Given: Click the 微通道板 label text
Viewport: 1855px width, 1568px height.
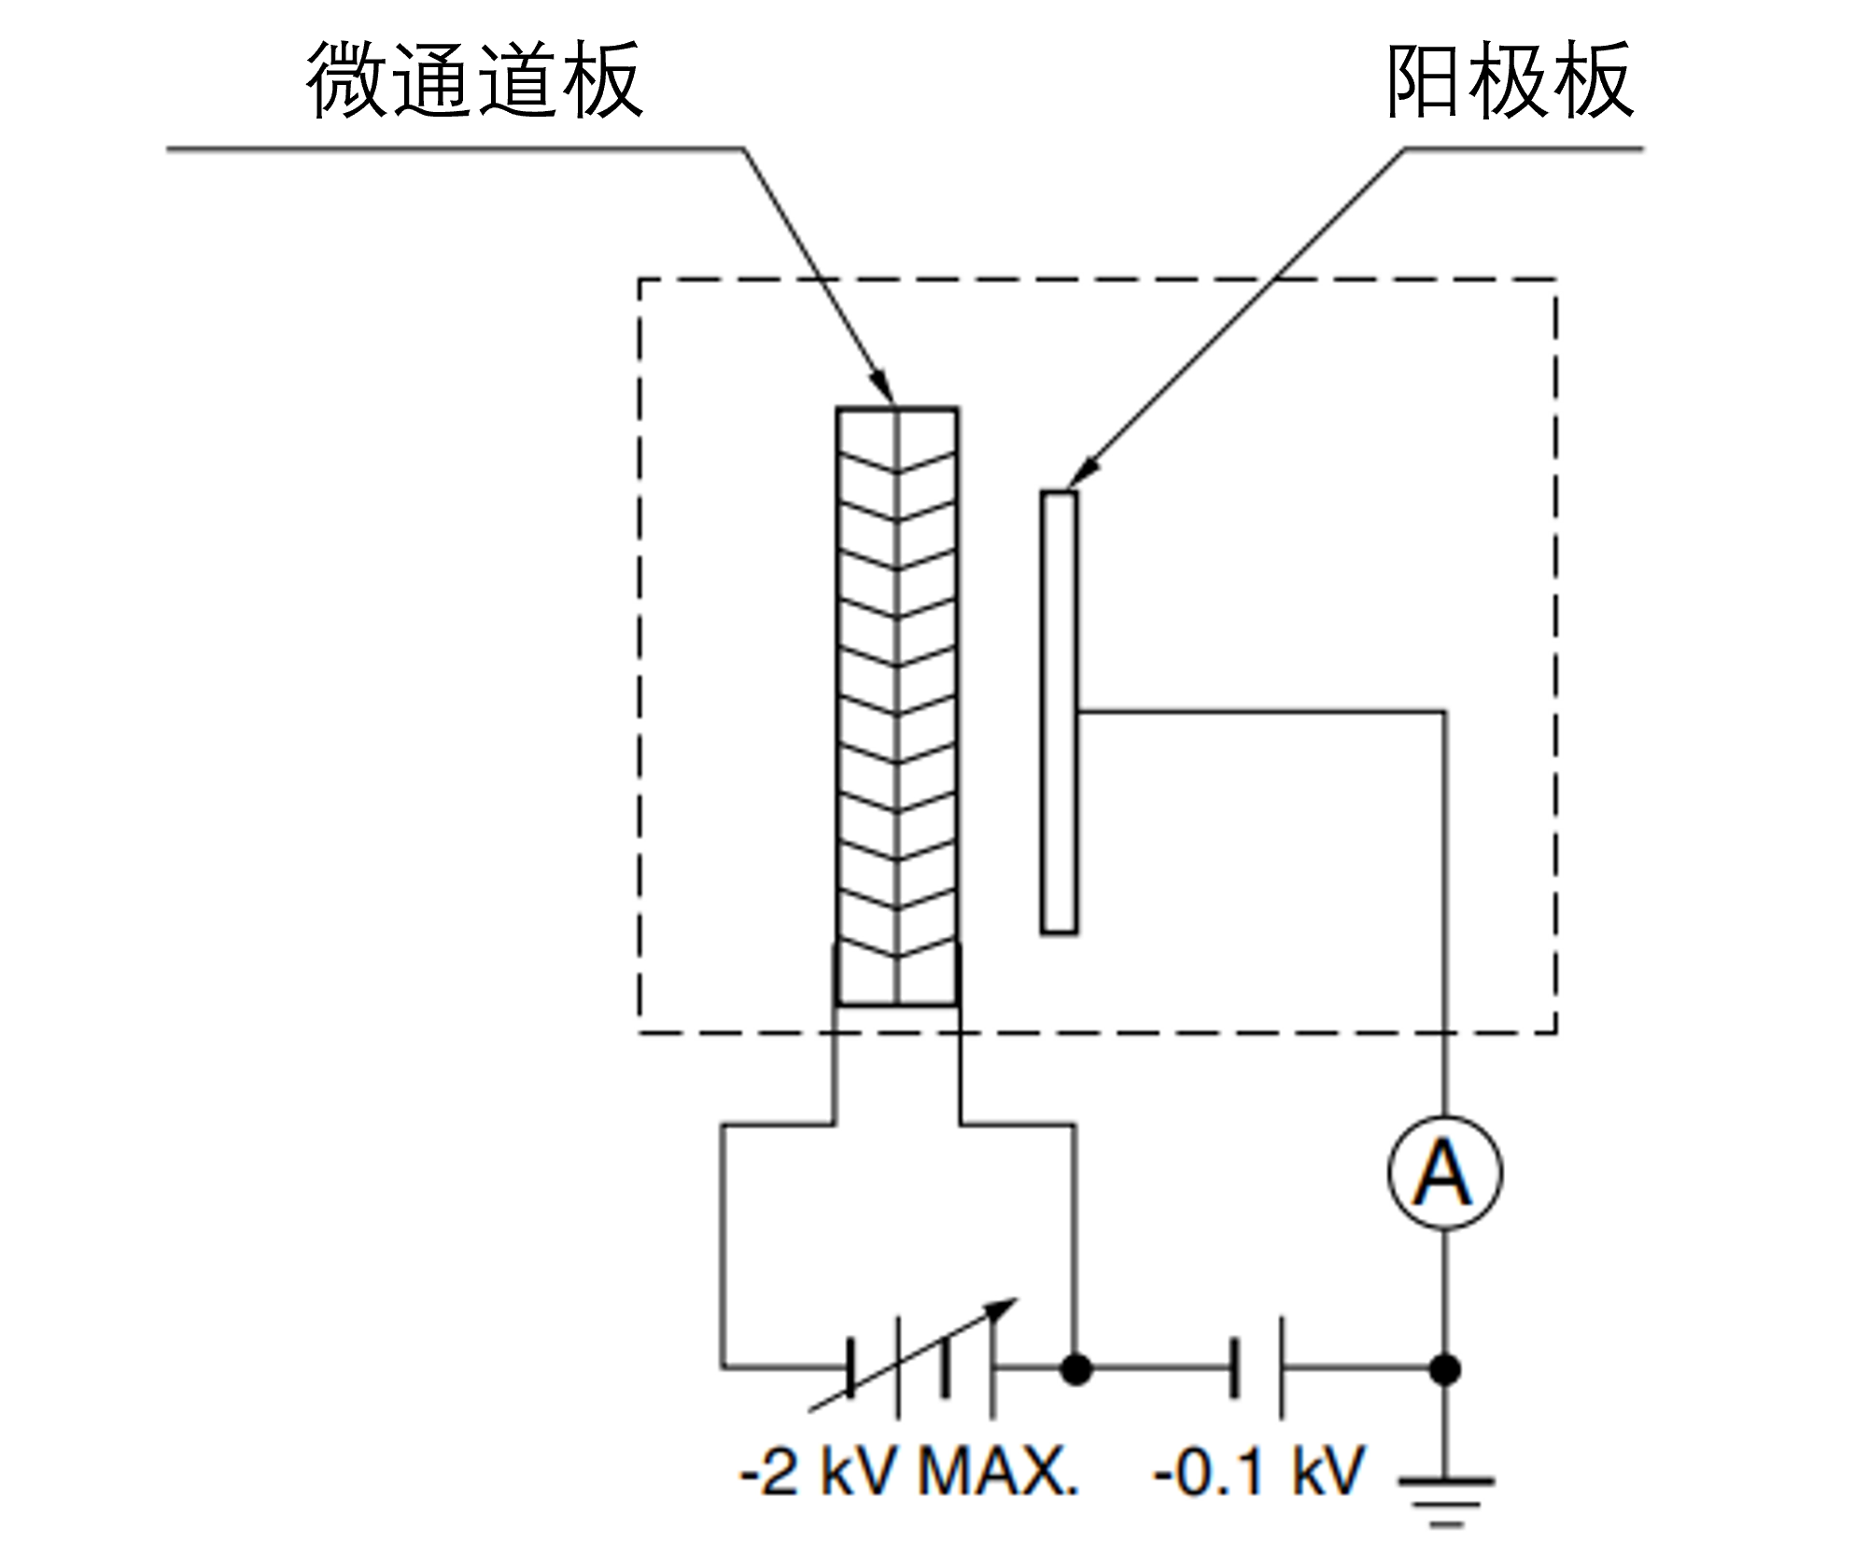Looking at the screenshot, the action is pos(474,80).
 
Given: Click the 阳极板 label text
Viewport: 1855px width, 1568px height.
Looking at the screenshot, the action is pos(1510,80).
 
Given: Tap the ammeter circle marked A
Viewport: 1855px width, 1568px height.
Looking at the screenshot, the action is pos(1444,1172).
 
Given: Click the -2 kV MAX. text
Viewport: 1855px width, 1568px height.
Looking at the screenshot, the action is pos(909,1473).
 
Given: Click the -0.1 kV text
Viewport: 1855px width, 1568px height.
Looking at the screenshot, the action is pos(1259,1473).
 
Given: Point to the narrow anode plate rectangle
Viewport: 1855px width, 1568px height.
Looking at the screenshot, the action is pos(1059,712).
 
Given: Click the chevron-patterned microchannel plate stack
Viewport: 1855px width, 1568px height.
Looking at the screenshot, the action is pos(897,707).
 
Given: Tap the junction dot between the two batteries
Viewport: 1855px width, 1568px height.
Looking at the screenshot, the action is pos(1076,1370).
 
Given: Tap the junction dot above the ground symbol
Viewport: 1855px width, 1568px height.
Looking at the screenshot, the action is pos(1445,1370).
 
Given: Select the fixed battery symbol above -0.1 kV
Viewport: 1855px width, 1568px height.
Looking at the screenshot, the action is pos(1258,1368).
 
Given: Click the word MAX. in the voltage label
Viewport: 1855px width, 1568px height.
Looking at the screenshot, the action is pos(999,1473).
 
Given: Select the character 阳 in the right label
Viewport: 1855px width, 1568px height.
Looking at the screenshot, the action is pos(1426,80).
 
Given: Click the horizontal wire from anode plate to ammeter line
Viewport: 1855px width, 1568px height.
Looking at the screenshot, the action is pos(1261,712).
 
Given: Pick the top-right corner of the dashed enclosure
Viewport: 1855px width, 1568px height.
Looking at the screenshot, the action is pos(1555,279).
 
